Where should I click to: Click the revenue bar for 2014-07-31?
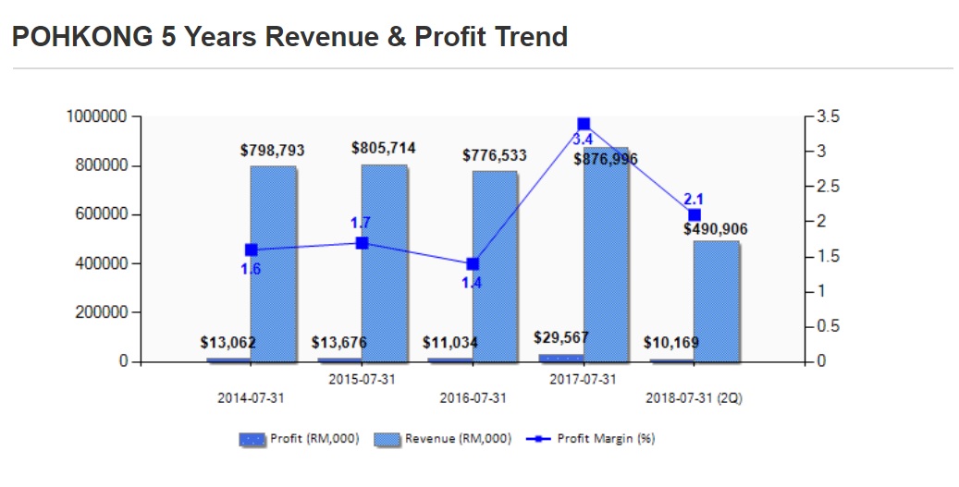click(x=273, y=268)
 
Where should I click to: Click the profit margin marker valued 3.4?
click(x=584, y=124)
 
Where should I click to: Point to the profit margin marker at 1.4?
click(x=473, y=263)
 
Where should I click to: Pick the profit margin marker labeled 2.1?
click(x=695, y=214)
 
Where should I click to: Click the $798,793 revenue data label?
click(x=272, y=150)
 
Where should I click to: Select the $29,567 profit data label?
click(x=560, y=337)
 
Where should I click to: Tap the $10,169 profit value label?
click(x=671, y=343)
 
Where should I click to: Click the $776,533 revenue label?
click(x=494, y=155)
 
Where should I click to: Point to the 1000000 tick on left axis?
click(x=95, y=116)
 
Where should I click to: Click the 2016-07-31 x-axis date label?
click(x=473, y=398)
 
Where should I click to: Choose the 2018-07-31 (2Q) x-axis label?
click(x=694, y=398)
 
